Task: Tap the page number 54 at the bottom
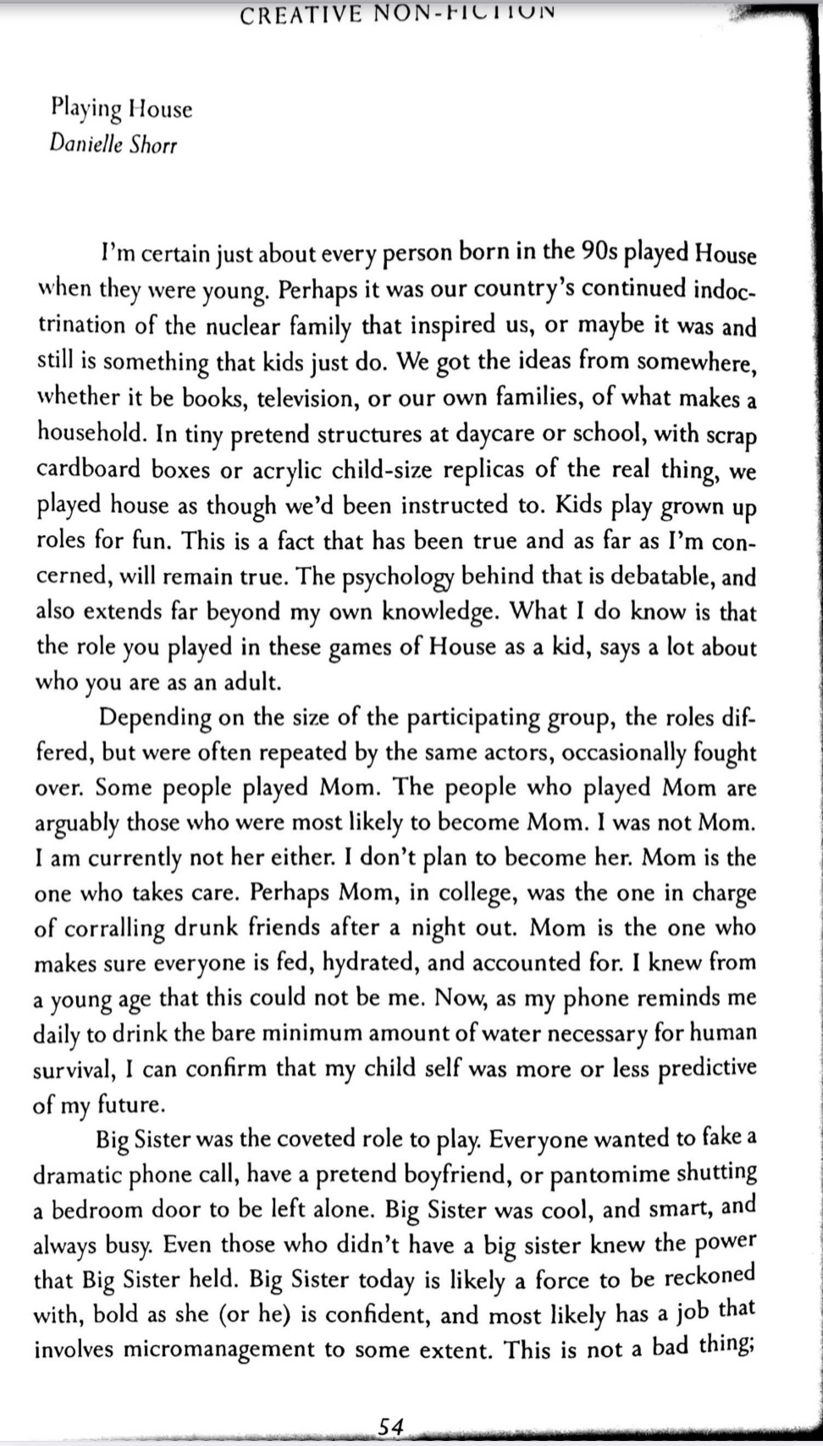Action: click(x=390, y=1426)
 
